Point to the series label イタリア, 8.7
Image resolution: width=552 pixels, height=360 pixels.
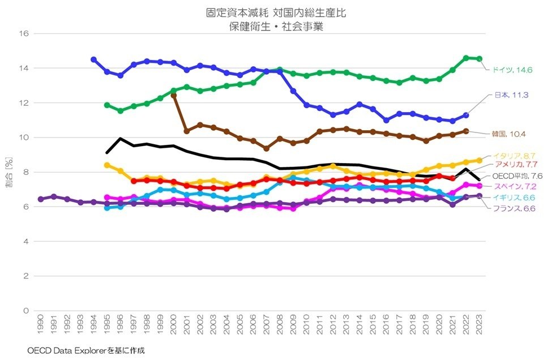[514, 156]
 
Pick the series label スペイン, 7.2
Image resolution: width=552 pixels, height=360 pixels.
[514, 186]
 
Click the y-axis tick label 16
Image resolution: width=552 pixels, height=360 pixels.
[24, 33]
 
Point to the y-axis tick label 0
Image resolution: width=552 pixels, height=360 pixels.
[26, 311]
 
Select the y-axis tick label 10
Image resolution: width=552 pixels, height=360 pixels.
[24, 138]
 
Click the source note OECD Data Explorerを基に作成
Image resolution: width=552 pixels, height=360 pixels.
[86, 351]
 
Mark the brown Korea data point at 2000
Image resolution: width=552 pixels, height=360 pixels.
[173, 96]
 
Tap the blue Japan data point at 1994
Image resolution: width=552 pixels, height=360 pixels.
[93, 59]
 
